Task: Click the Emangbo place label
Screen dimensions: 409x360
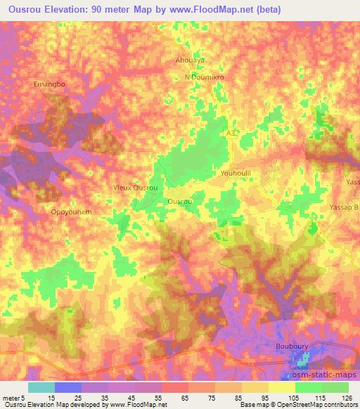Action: (x=49, y=84)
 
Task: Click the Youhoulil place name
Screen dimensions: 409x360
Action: (x=236, y=173)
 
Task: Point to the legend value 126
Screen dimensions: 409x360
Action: (x=347, y=398)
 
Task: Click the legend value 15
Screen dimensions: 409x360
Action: (x=55, y=398)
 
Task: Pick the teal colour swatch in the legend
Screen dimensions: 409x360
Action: (x=41, y=387)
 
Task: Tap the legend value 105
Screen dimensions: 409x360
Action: (x=295, y=398)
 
